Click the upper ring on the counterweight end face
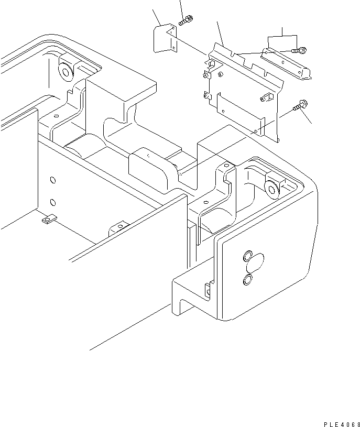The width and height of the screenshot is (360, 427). [246, 258]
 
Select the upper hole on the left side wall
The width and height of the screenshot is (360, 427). [52, 180]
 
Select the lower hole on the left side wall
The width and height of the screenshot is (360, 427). [52, 202]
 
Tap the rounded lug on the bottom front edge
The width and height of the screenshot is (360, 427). [118, 229]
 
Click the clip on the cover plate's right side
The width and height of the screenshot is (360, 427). [268, 97]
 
